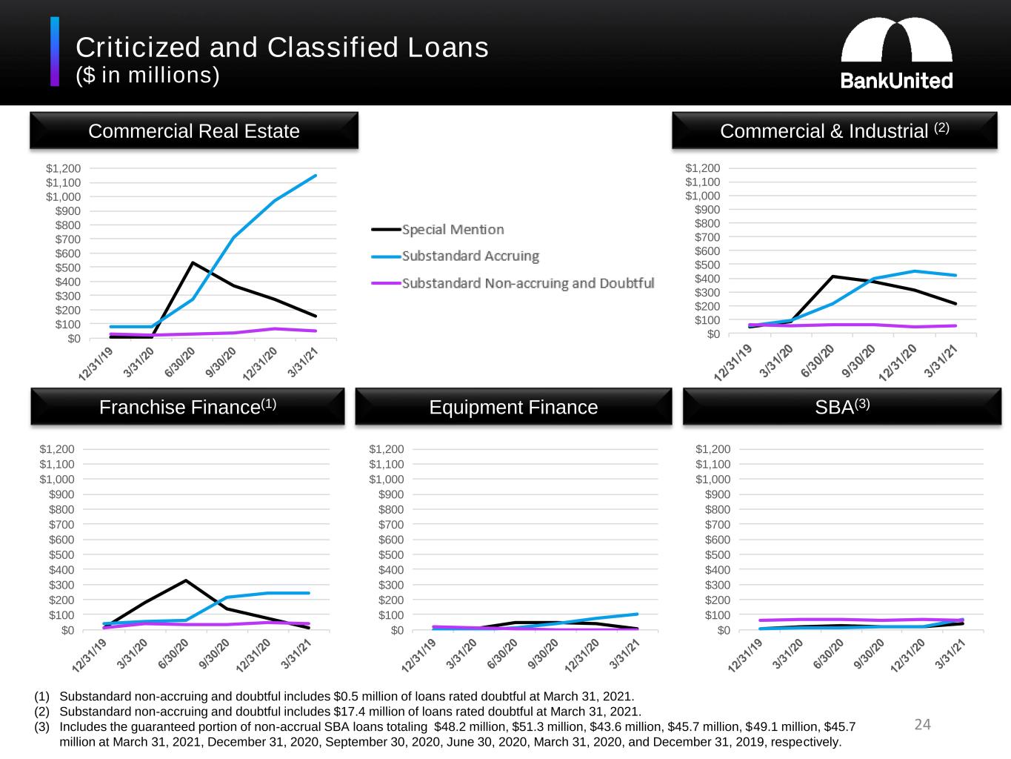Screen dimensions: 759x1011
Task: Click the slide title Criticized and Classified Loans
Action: tap(282, 47)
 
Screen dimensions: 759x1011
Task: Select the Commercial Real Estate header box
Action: tap(194, 131)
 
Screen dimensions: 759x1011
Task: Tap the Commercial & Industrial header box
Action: tap(834, 131)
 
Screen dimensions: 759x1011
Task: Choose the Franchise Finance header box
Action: tap(187, 407)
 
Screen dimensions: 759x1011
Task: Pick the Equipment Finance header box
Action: tap(513, 407)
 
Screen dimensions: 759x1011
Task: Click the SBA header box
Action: tap(841, 407)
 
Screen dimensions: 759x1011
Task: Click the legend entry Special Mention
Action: tap(453, 230)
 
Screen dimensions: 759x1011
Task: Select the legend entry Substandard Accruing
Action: tap(470, 256)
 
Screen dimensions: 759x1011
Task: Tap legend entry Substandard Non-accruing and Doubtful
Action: tap(527, 283)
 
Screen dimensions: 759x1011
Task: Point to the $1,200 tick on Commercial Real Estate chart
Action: tap(64, 169)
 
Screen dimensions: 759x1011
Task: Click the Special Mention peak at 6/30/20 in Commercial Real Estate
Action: tap(193, 262)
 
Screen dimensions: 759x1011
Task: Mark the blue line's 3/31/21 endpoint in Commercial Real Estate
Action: tap(316, 176)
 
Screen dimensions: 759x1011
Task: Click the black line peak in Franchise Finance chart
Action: tap(186, 580)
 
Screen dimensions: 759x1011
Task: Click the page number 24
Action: tap(922, 724)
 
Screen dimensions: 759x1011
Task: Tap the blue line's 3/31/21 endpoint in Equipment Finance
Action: tap(637, 614)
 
